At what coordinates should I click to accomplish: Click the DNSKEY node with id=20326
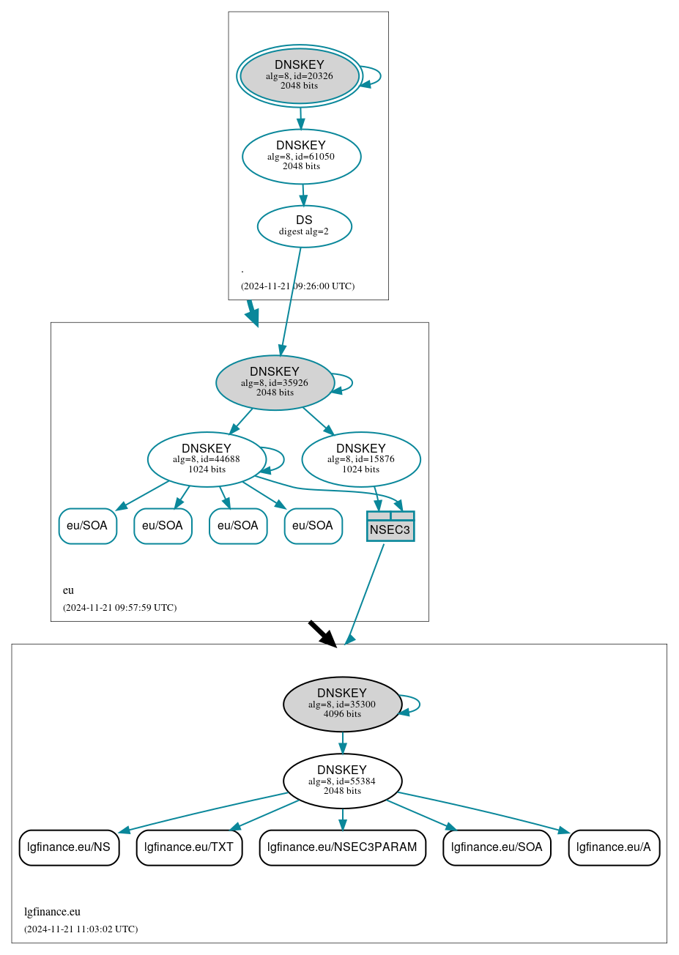[x=300, y=75]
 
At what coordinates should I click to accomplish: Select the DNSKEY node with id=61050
[x=301, y=156]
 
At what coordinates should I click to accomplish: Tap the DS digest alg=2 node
[x=304, y=226]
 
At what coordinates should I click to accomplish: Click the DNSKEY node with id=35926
[x=275, y=382]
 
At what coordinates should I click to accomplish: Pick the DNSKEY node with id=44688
[x=207, y=459]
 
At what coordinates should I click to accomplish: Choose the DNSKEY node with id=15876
[x=360, y=459]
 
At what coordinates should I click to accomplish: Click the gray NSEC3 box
[x=390, y=527]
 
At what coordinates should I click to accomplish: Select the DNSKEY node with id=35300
[x=342, y=704]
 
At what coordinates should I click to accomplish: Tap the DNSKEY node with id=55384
[x=342, y=781]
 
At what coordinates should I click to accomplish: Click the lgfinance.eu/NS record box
[x=69, y=847]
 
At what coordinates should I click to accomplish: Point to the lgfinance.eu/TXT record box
[x=189, y=847]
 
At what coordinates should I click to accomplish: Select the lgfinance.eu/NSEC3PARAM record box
[x=342, y=847]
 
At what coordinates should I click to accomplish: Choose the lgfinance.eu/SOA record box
[x=497, y=847]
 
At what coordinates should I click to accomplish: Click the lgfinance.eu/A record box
[x=614, y=847]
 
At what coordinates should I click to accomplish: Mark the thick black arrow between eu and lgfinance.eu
[x=322, y=633]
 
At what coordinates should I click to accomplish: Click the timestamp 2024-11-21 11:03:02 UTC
[x=81, y=929]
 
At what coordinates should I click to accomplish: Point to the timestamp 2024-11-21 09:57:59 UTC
[x=119, y=608]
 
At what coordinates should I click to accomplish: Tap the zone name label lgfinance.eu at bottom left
[x=52, y=912]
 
